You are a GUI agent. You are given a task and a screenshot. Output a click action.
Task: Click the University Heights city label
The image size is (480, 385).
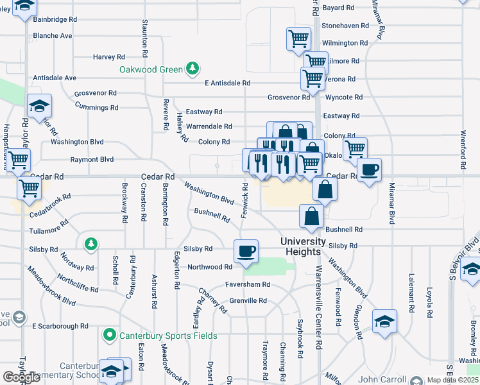309,241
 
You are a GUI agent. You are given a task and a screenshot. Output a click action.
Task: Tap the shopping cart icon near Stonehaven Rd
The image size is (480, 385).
298,38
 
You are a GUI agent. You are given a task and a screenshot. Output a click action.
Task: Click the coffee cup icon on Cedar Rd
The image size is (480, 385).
369,170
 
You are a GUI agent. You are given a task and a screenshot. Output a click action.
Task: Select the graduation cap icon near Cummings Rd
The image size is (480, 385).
39,106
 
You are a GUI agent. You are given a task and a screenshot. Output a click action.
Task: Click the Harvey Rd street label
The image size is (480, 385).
108,56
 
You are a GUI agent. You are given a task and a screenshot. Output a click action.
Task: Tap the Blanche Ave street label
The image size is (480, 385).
53,36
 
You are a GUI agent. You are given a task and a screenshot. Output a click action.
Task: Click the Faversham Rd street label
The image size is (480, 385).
247,284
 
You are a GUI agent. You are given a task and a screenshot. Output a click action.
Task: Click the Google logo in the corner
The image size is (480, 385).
21,377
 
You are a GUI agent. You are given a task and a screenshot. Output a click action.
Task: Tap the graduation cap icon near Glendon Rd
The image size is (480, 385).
384,321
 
